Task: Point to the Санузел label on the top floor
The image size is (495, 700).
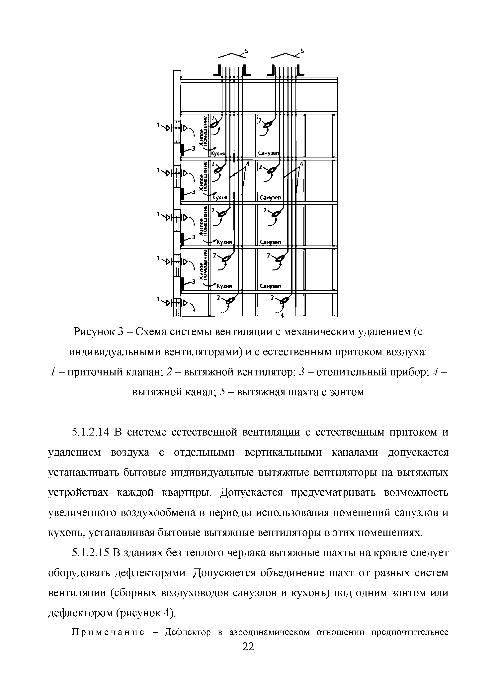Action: [x=268, y=153]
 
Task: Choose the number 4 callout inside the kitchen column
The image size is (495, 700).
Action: [x=247, y=164]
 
